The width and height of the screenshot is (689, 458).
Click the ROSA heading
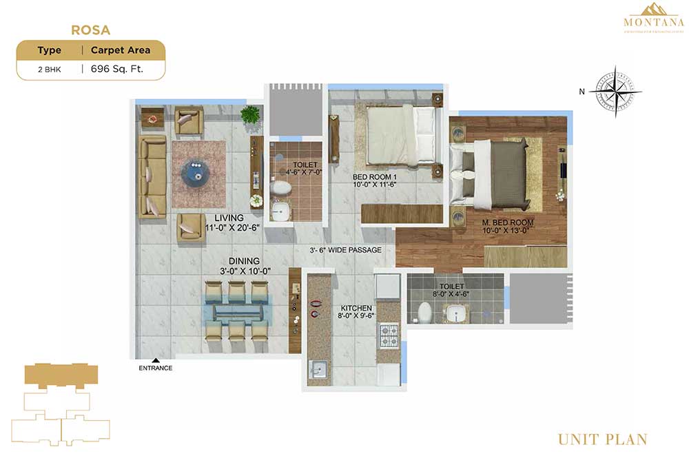click(x=91, y=30)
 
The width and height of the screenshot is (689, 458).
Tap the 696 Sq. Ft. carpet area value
click(x=117, y=69)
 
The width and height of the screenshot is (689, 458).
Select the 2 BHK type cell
click(x=50, y=69)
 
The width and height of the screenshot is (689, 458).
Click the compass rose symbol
click(x=615, y=92)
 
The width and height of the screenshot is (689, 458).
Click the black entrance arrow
click(x=156, y=360)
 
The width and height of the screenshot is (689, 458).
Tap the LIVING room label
click(x=228, y=218)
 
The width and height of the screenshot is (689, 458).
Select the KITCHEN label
click(x=356, y=308)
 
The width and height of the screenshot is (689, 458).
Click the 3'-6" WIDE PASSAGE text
click(x=345, y=250)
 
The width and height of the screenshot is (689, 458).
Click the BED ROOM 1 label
click(x=374, y=177)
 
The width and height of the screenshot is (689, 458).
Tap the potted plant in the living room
click(x=250, y=114)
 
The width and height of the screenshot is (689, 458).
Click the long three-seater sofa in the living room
click(x=152, y=176)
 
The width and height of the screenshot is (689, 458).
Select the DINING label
click(x=245, y=261)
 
